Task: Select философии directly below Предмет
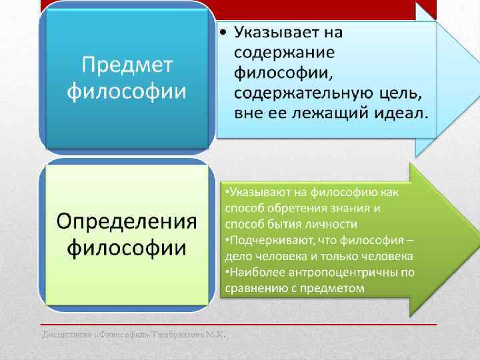click(x=127, y=91)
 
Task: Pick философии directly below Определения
click(x=127, y=248)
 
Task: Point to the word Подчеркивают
click(x=264, y=240)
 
